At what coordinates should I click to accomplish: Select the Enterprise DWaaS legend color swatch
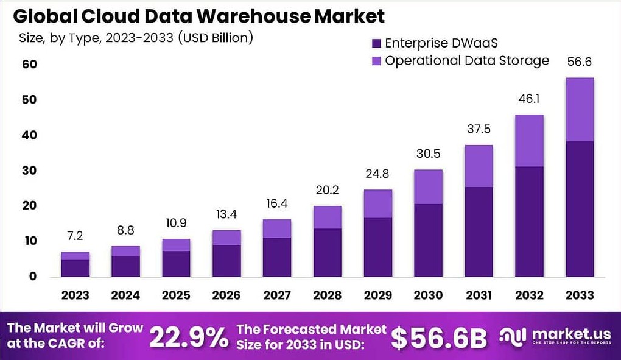pyautogui.click(x=376, y=43)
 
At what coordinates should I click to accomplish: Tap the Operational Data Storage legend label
pyautogui.click(x=467, y=60)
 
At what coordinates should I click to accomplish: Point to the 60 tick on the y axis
pyautogui.click(x=29, y=64)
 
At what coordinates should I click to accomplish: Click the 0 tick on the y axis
pyautogui.click(x=33, y=276)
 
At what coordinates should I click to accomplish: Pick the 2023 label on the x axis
pyautogui.click(x=75, y=295)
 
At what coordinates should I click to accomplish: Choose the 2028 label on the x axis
pyautogui.click(x=328, y=295)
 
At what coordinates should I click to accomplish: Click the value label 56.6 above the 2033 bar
pyautogui.click(x=579, y=62)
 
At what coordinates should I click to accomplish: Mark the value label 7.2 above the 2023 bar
pyautogui.click(x=75, y=236)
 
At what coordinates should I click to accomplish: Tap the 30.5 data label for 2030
pyautogui.click(x=429, y=154)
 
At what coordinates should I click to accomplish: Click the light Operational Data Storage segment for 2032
pyautogui.click(x=529, y=140)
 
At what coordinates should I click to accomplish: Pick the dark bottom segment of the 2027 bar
pyautogui.click(x=277, y=256)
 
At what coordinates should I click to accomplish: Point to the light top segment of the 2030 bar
pyautogui.click(x=429, y=186)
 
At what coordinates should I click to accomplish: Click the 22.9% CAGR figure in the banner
pyautogui.click(x=188, y=337)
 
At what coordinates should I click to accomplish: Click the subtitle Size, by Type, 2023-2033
pyautogui.click(x=135, y=38)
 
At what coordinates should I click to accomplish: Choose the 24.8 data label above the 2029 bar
pyautogui.click(x=378, y=174)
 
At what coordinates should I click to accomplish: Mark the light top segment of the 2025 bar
pyautogui.click(x=176, y=244)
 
